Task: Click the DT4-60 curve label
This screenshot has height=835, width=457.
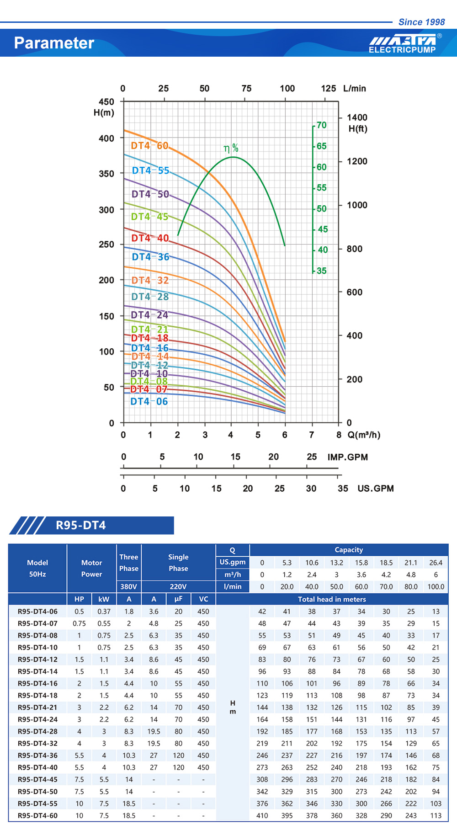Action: [x=149, y=146]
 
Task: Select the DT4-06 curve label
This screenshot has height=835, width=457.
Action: [x=149, y=402]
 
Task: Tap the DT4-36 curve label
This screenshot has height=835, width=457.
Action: [x=150, y=257]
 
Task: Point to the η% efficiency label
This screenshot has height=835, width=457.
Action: [x=231, y=148]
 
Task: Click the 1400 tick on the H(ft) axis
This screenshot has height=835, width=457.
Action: [x=357, y=117]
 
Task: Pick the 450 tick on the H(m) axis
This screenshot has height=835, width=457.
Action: [x=106, y=101]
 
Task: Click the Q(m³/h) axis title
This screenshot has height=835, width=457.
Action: [x=364, y=435]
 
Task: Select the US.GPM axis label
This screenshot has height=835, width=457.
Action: [x=375, y=489]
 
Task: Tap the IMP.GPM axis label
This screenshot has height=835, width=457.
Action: [x=347, y=457]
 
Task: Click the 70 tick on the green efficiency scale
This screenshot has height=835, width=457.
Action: [x=322, y=125]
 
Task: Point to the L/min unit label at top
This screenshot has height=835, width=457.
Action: [x=355, y=89]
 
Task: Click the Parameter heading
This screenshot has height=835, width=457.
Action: [x=54, y=43]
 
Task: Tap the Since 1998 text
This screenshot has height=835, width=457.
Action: [x=421, y=22]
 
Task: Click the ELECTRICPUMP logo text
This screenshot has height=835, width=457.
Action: [x=402, y=50]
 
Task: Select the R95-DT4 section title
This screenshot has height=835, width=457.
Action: [x=80, y=526]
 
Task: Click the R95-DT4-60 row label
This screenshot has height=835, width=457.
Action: [x=37, y=816]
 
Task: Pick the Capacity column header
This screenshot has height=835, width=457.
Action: [x=349, y=550]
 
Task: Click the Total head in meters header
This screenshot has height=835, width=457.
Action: [x=332, y=599]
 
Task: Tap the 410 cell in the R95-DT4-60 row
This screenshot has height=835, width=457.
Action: [x=262, y=816]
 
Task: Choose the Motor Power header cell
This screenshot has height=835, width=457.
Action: [x=91, y=568]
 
